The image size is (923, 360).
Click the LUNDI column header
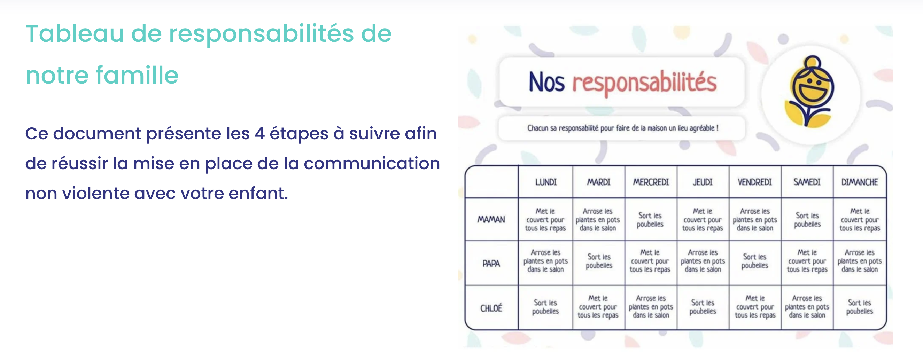[546, 182]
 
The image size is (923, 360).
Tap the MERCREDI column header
[651, 182]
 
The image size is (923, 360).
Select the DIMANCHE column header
[860, 182]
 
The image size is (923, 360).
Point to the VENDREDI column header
[754, 182]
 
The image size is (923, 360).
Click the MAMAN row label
[491, 219]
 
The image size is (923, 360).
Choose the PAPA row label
[491, 264]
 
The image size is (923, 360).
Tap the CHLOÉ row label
[491, 308]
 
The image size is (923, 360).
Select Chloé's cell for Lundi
[545, 307]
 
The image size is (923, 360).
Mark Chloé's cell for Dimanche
[860, 307]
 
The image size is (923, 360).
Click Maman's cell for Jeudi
[702, 220]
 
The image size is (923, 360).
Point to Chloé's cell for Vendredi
[755, 307]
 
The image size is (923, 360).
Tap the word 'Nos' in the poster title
[547, 82]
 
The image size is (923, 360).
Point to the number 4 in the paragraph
[260, 134]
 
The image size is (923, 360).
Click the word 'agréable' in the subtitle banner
[701, 128]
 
